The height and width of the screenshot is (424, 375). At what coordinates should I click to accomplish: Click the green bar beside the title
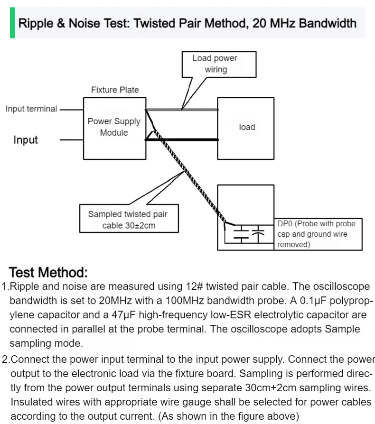[x=12, y=23]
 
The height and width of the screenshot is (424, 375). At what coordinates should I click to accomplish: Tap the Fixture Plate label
[x=115, y=90]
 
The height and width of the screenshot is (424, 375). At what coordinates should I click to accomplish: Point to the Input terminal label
[x=31, y=109]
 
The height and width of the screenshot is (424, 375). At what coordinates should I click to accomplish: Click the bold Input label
[x=26, y=140]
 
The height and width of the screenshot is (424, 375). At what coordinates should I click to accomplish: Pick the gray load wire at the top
[x=182, y=110]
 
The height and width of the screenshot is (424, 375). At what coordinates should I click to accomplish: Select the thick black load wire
[x=182, y=140]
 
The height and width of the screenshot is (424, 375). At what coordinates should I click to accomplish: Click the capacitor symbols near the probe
[x=249, y=234]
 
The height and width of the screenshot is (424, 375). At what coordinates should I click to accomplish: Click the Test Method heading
[x=48, y=272]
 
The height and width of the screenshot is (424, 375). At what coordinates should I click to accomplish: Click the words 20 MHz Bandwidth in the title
[x=304, y=23]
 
